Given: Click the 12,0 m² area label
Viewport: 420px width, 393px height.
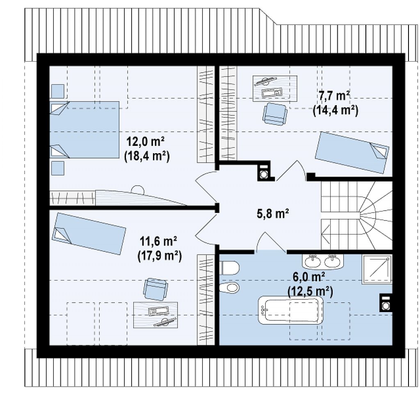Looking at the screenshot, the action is coord(146,142).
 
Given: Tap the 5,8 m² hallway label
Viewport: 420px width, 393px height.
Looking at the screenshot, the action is coord(273,214).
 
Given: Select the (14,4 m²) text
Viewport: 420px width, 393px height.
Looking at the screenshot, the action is coord(336,110).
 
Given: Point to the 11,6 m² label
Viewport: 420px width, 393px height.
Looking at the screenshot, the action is coord(158,241).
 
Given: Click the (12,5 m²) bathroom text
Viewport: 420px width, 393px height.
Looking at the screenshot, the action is coord(310,292).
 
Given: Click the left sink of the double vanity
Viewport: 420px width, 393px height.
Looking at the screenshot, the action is coord(312,261).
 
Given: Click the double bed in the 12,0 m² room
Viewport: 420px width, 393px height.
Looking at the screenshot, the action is coord(84,130).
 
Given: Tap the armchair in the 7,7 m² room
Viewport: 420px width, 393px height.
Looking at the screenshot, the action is coord(274,114).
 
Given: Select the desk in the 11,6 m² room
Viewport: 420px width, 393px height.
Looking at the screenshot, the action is coord(155,315).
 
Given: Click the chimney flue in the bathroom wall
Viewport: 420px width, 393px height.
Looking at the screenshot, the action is coord(386,303).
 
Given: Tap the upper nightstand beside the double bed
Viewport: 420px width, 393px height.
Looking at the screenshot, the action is coord(57,91).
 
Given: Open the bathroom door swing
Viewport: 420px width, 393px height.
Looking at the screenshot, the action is coord(271,243).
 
